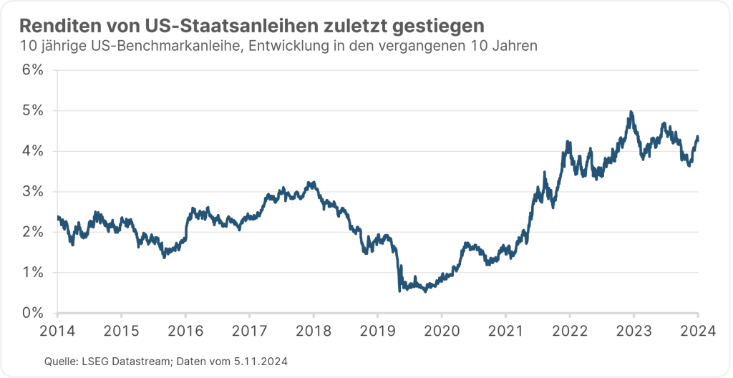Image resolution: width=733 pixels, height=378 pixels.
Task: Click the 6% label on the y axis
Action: click(x=32, y=70)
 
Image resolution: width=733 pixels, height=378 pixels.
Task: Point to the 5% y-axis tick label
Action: click(x=32, y=111)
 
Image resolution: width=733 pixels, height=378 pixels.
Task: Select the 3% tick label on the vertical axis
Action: click(x=32, y=192)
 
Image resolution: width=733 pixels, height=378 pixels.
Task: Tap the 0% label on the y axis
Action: click(x=32, y=313)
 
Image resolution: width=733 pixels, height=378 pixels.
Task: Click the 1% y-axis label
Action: click(x=32, y=273)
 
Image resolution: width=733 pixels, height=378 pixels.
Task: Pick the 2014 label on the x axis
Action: click(x=57, y=331)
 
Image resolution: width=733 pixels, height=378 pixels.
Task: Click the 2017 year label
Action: click(x=249, y=331)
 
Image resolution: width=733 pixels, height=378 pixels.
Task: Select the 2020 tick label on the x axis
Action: click(x=442, y=331)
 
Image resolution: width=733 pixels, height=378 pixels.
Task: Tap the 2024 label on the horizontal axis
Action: click(x=698, y=331)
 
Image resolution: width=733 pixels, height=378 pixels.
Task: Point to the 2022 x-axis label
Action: click(x=570, y=331)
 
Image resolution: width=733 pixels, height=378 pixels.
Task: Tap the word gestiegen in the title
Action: click(x=439, y=26)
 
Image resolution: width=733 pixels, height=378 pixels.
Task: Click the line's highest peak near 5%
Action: click(x=631, y=112)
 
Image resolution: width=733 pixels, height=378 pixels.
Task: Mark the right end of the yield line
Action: click(x=698, y=137)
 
